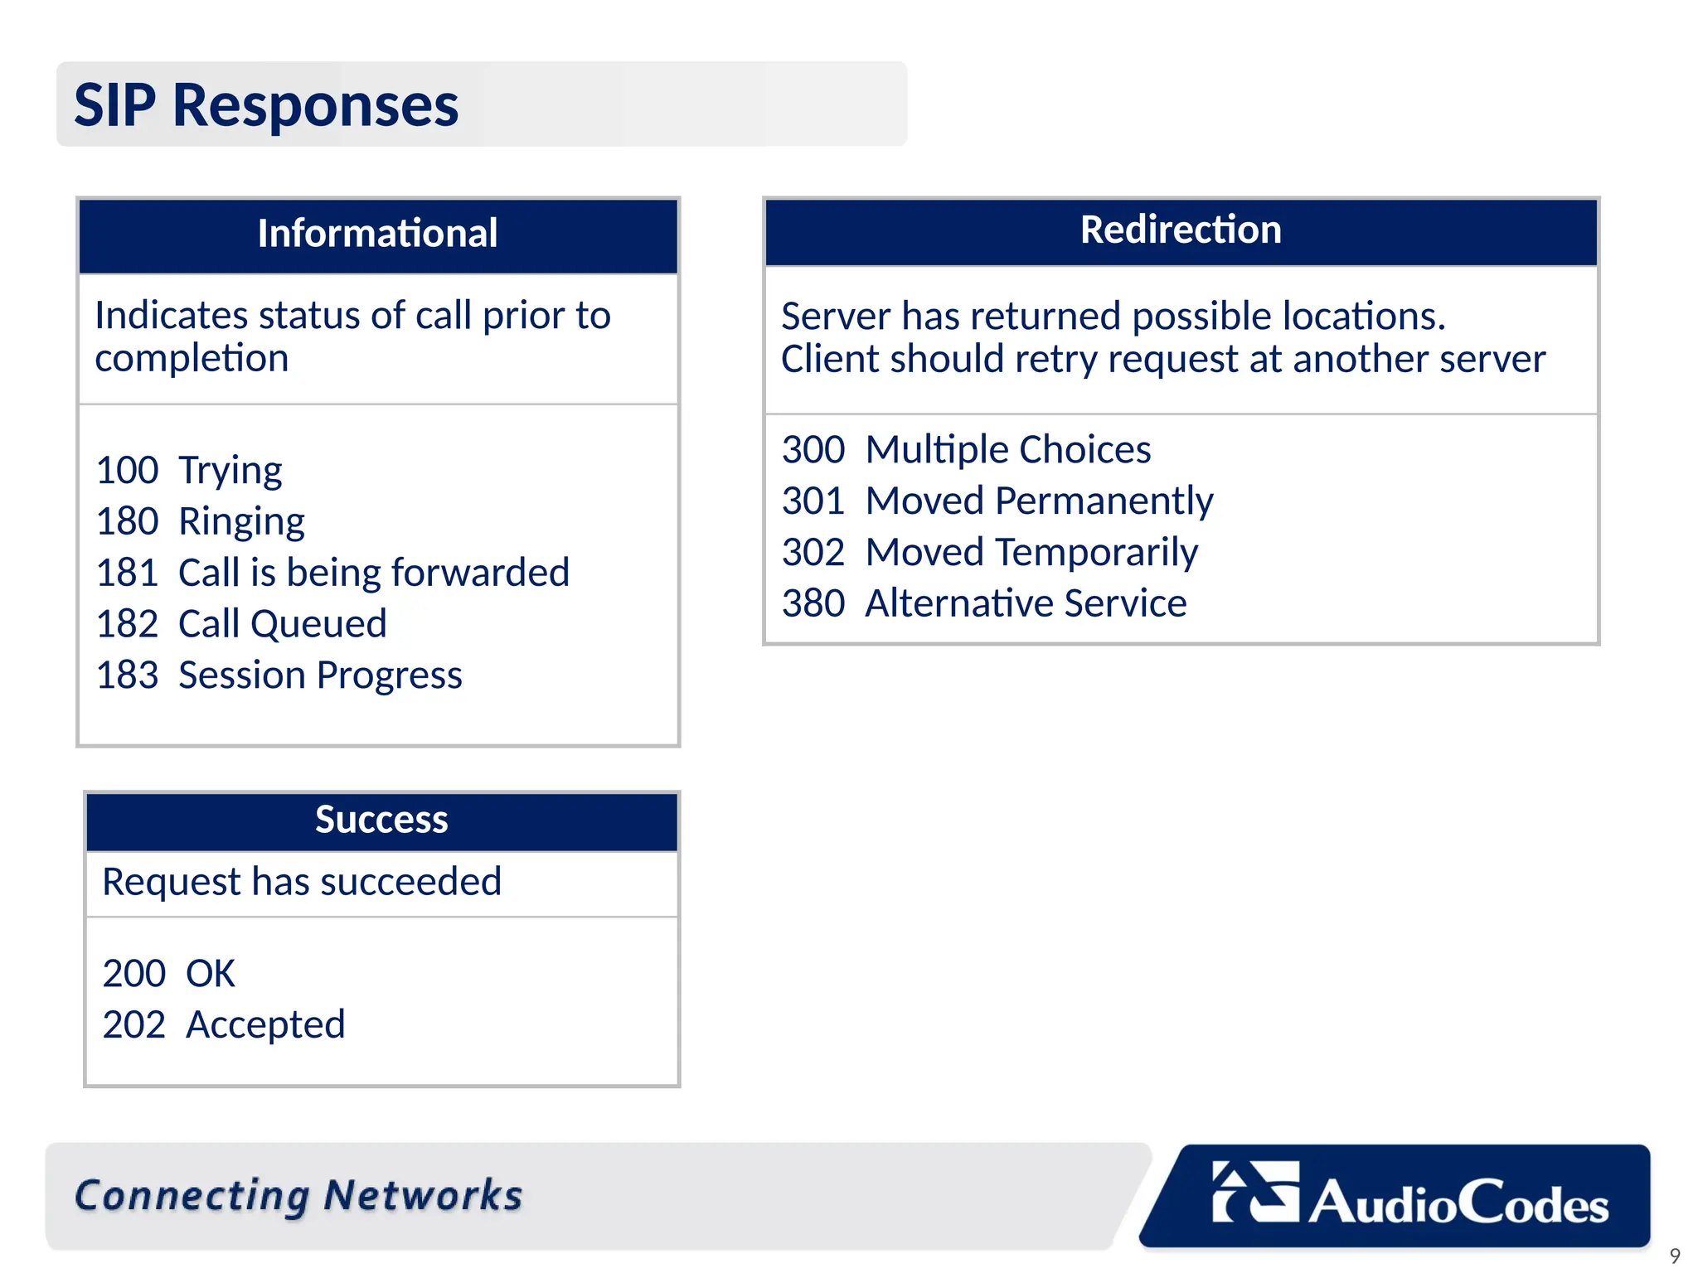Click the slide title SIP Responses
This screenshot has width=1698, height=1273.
[266, 105]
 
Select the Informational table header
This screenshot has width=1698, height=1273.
[377, 234]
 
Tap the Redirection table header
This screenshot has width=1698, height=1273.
[1181, 230]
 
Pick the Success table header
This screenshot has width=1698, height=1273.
[381, 820]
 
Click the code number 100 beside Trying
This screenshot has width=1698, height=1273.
[127, 470]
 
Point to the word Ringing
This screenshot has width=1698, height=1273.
[241, 522]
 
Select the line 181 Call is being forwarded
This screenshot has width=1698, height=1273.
[332, 573]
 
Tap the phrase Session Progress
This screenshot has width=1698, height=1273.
[320, 675]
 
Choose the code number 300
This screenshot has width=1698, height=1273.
[813, 450]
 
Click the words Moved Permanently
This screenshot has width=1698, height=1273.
[1039, 501]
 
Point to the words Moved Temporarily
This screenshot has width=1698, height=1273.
[1031, 553]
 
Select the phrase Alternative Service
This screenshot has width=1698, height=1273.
[1026, 603]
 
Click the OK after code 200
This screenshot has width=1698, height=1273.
[211, 974]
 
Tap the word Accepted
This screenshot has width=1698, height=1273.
[265, 1025]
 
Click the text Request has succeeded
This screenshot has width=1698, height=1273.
[302, 882]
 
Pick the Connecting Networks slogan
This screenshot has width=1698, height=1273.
[298, 1196]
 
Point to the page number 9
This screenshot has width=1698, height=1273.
[1674, 1256]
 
